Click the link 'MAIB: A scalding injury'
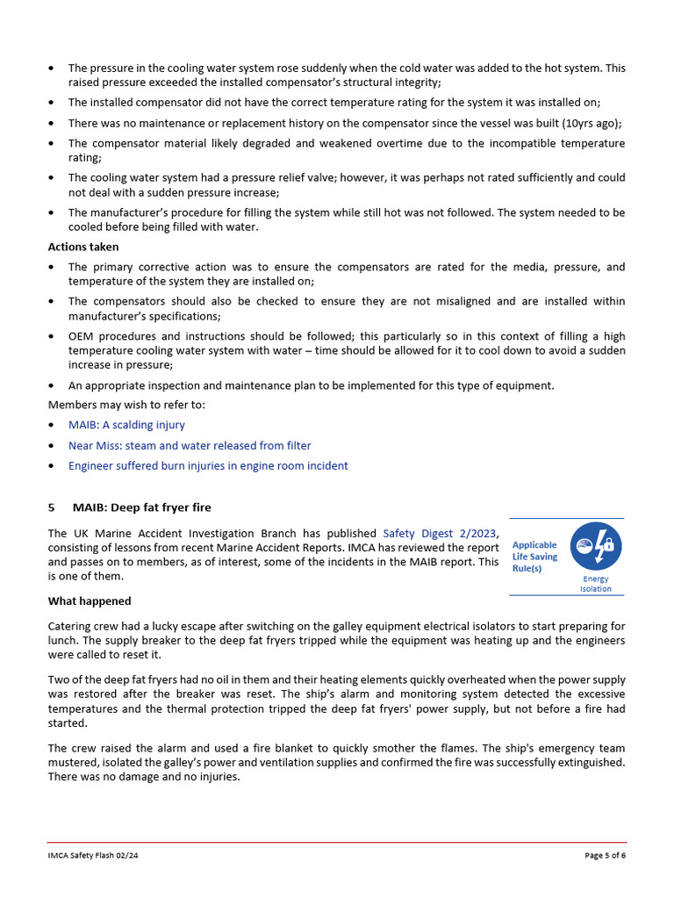click(x=126, y=425)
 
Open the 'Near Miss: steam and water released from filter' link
click(x=190, y=446)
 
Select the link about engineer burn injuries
click(x=208, y=466)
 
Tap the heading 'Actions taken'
click(x=83, y=247)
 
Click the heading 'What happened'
click(x=90, y=601)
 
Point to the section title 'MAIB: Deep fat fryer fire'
click(x=142, y=507)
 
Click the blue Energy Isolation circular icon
click(x=596, y=548)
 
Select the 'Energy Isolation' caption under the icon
click(x=596, y=584)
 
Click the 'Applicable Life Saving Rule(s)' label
click(x=534, y=557)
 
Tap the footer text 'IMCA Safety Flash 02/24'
click(x=93, y=855)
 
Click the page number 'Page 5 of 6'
click(x=605, y=855)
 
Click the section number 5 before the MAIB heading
click(x=51, y=507)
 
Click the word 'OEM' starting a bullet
click(x=81, y=337)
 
